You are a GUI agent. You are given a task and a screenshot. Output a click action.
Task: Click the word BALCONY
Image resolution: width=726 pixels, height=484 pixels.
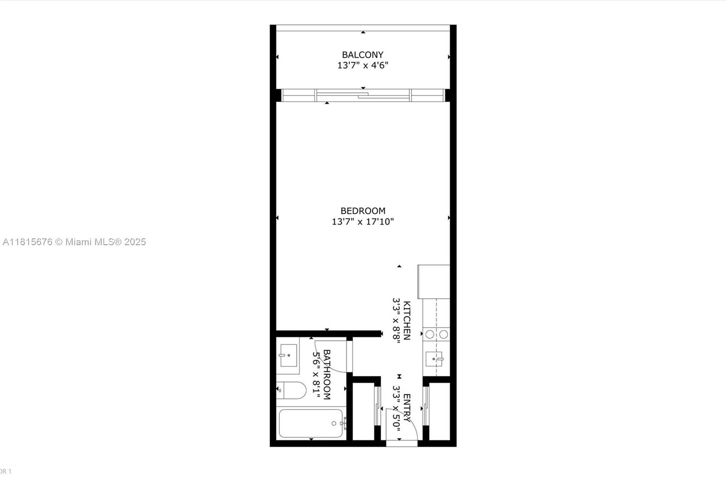coord(363,55)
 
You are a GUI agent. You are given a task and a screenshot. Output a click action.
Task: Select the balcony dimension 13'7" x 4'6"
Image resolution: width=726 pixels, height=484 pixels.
coord(363,65)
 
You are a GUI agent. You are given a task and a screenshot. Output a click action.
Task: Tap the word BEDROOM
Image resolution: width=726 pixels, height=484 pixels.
coord(363,211)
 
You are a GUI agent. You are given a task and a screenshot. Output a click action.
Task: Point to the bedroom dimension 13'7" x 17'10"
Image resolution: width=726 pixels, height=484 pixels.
coord(363,222)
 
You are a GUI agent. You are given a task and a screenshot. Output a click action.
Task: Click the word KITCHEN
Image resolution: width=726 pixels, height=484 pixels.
coord(407,320)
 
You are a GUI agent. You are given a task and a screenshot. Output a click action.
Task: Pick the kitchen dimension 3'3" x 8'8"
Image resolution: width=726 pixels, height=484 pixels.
coord(397,320)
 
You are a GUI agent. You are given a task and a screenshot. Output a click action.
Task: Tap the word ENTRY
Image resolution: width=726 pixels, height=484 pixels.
coord(407,408)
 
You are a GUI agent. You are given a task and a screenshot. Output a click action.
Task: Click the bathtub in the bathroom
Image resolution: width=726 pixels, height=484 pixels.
coord(311,423)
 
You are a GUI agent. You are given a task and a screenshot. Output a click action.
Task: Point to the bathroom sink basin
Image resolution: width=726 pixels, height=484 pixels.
coord(288,355)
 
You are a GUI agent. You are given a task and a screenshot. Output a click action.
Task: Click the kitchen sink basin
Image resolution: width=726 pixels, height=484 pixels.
coord(434,359)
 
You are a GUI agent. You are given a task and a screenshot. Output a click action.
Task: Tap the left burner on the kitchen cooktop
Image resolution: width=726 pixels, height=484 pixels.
coord(430,335)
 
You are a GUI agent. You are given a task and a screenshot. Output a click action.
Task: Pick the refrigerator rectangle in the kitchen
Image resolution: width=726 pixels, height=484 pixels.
coord(434,282)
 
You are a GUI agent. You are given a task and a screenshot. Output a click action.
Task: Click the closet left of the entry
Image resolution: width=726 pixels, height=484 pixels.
coord(363,411)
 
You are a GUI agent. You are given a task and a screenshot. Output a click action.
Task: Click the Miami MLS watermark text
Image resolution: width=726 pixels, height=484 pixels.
coord(74,242)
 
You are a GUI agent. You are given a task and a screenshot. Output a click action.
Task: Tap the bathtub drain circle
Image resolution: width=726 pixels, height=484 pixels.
coord(334,423)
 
